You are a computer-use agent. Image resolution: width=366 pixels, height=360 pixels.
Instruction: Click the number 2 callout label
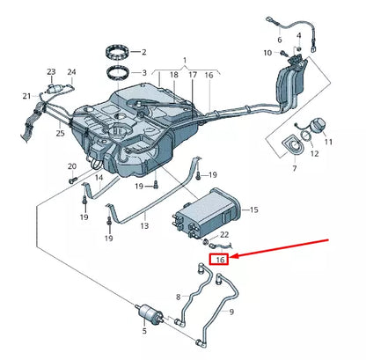145,52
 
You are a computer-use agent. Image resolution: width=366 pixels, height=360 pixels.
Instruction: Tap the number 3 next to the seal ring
145,71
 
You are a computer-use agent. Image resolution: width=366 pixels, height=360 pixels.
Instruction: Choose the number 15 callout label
254,210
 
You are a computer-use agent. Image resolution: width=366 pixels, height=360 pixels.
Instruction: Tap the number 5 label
145,332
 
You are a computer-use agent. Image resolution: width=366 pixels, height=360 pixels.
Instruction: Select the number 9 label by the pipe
231,312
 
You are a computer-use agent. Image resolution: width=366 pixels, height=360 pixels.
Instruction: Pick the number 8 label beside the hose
179,297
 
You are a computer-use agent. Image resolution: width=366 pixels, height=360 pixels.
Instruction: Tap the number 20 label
72,165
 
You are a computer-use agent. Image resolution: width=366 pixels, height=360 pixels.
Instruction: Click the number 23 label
51,71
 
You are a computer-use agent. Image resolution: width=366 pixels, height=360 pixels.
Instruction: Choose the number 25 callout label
60,134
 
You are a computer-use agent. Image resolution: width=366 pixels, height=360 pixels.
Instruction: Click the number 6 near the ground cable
280,40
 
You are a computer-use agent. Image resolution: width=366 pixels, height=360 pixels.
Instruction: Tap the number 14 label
99,179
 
